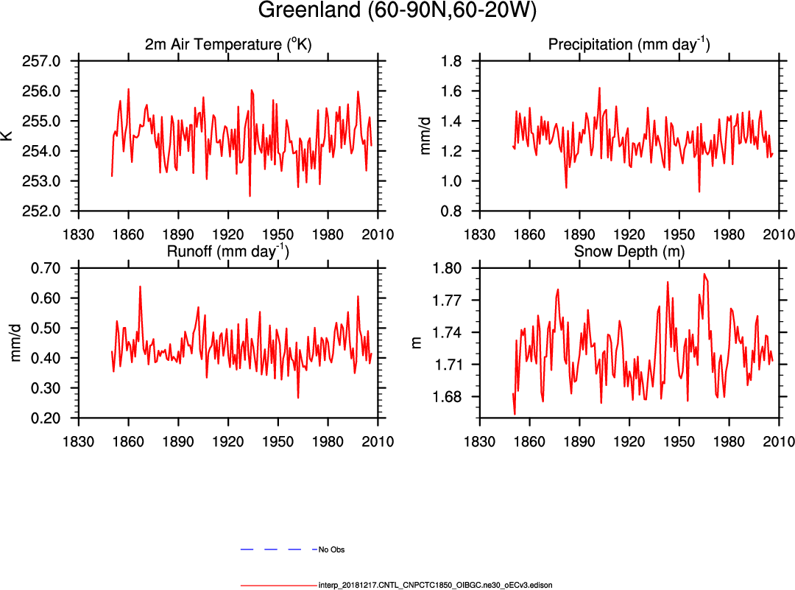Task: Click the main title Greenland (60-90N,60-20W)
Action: point(397,11)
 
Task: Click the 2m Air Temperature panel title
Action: point(228,45)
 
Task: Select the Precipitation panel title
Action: point(629,45)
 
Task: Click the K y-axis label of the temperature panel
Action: point(7,136)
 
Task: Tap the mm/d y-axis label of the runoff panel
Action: point(15,343)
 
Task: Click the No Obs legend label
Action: point(331,549)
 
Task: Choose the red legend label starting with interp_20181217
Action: point(435,585)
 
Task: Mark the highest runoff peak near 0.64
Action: point(140,287)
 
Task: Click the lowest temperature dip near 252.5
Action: point(250,196)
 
